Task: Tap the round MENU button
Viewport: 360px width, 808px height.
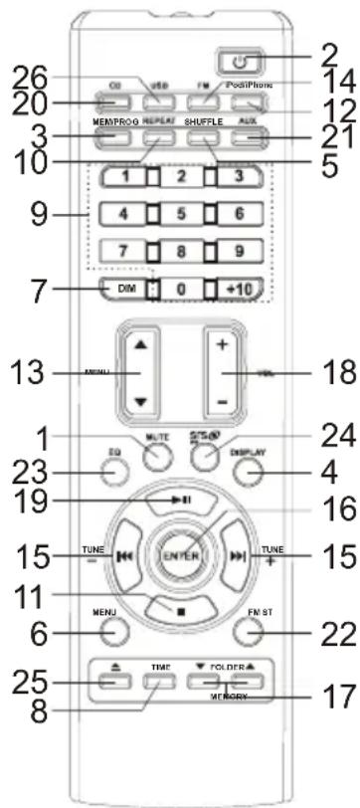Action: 112,630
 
